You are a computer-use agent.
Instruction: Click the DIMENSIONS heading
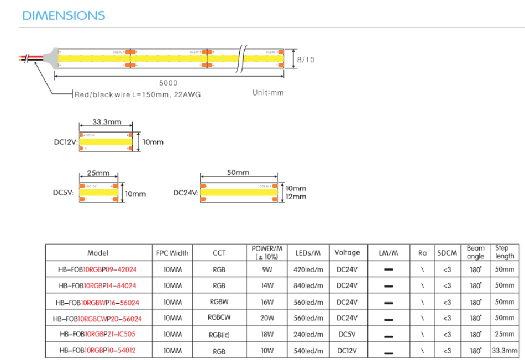click(63, 15)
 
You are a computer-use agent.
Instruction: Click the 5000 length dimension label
click(168, 83)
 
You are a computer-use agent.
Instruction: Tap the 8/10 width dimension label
click(306, 60)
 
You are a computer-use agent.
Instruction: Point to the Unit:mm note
click(267, 92)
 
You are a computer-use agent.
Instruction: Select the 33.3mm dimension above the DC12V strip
click(107, 121)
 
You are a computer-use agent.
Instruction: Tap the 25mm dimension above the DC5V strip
click(99, 173)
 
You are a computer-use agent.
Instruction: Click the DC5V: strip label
click(62, 193)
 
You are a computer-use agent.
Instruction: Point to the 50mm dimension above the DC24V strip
click(238, 173)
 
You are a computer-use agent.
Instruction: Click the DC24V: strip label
click(186, 193)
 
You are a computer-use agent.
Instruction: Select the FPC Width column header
click(173, 253)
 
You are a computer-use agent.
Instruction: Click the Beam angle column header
click(475, 252)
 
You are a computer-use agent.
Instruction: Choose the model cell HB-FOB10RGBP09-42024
click(98, 270)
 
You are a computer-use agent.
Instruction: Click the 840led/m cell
click(308, 286)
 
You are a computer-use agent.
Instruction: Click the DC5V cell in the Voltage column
click(347, 334)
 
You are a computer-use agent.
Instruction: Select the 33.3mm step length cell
click(505, 350)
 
